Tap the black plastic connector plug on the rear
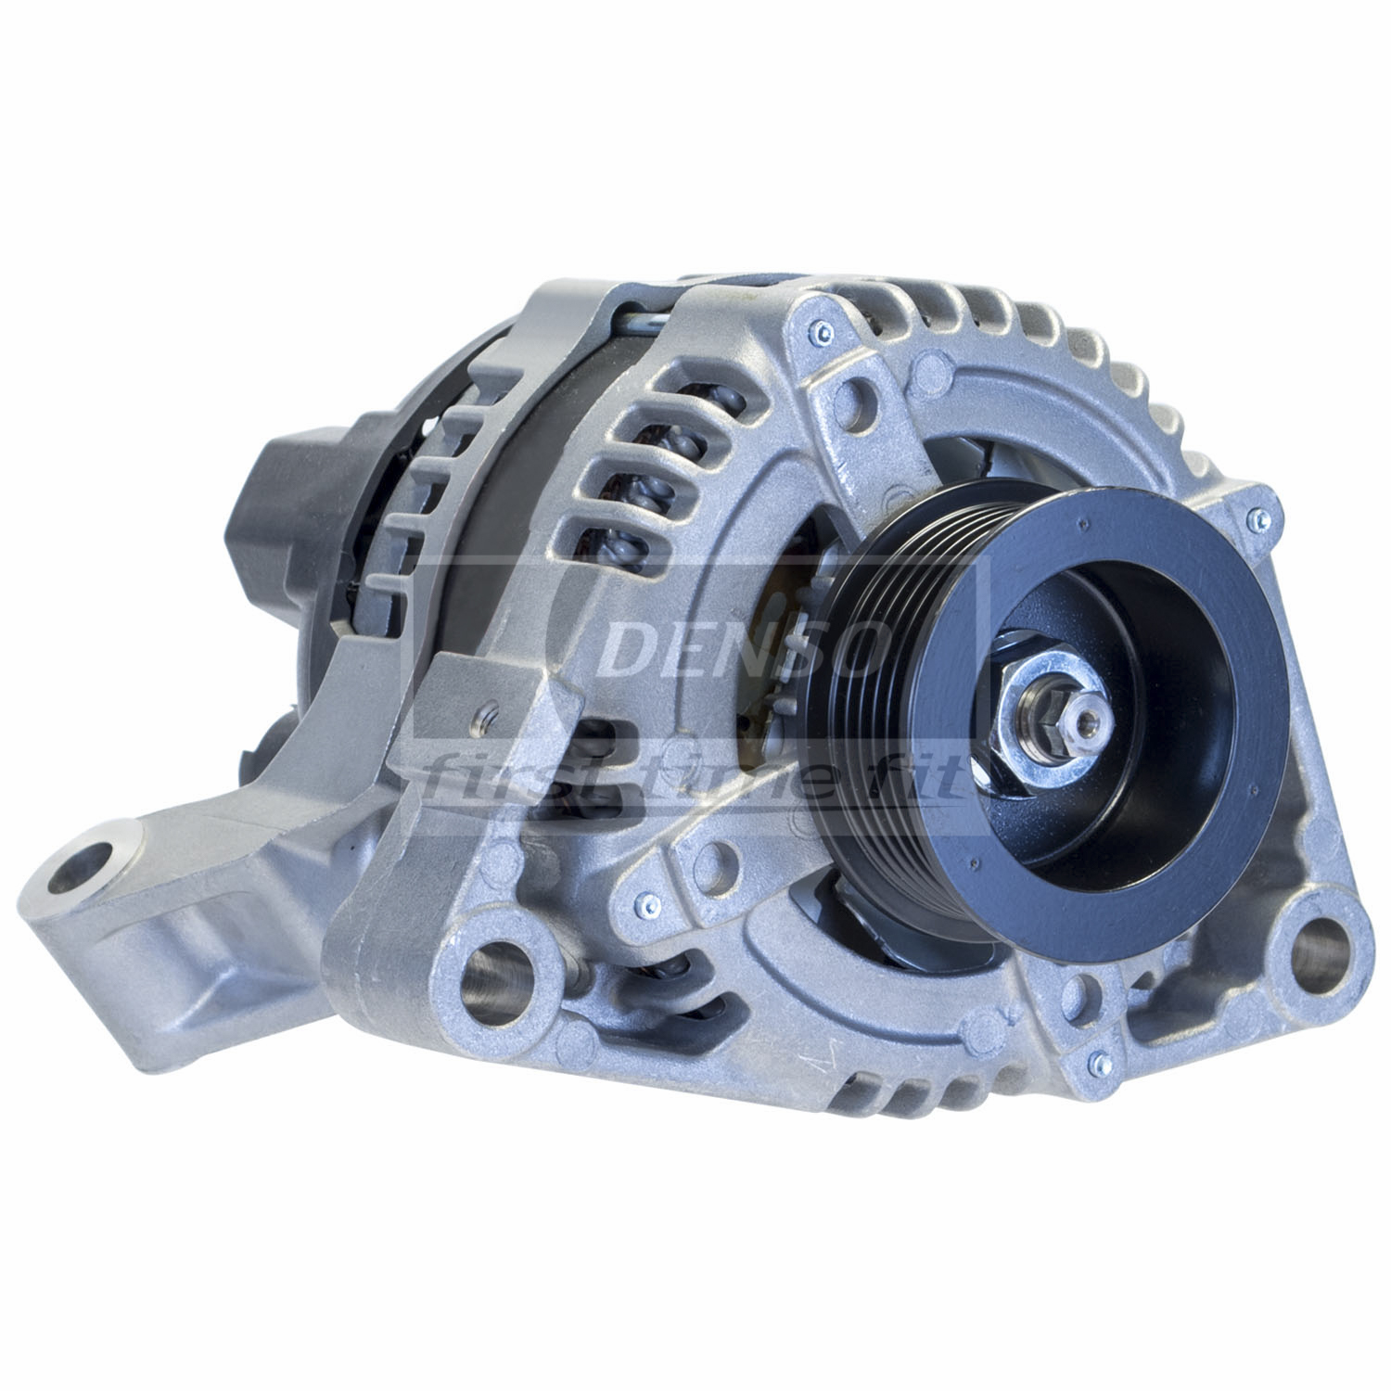point(287,519)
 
